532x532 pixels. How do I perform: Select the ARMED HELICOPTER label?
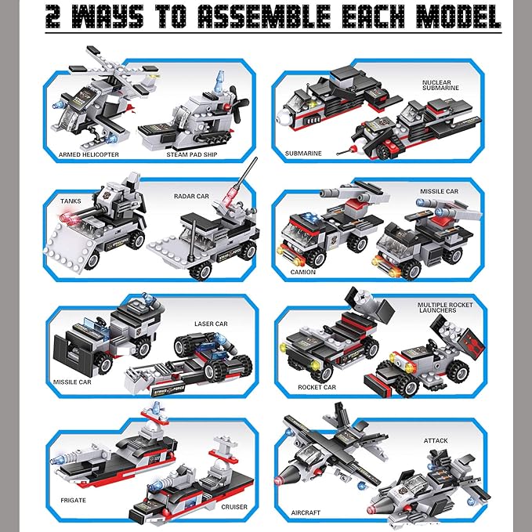click(x=89, y=154)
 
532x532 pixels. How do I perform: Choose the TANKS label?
click(x=71, y=201)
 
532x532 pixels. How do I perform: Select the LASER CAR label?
click(x=211, y=323)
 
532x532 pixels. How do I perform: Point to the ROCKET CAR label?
click(x=317, y=387)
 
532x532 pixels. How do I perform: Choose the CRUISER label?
click(x=233, y=507)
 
